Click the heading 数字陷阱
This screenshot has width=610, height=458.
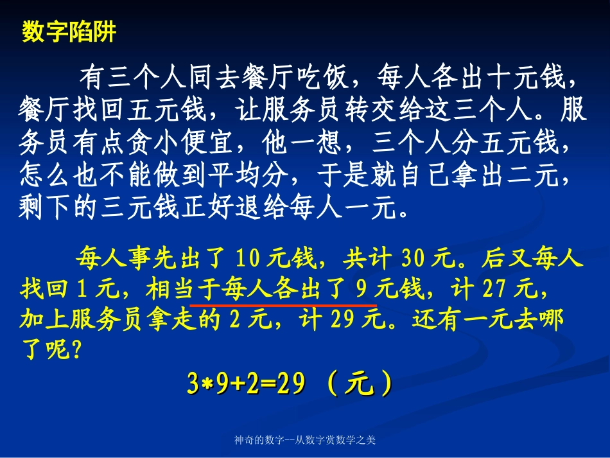(x=69, y=32)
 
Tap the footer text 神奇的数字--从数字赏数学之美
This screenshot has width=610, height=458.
(x=305, y=441)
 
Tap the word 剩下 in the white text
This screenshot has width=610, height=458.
(x=42, y=205)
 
